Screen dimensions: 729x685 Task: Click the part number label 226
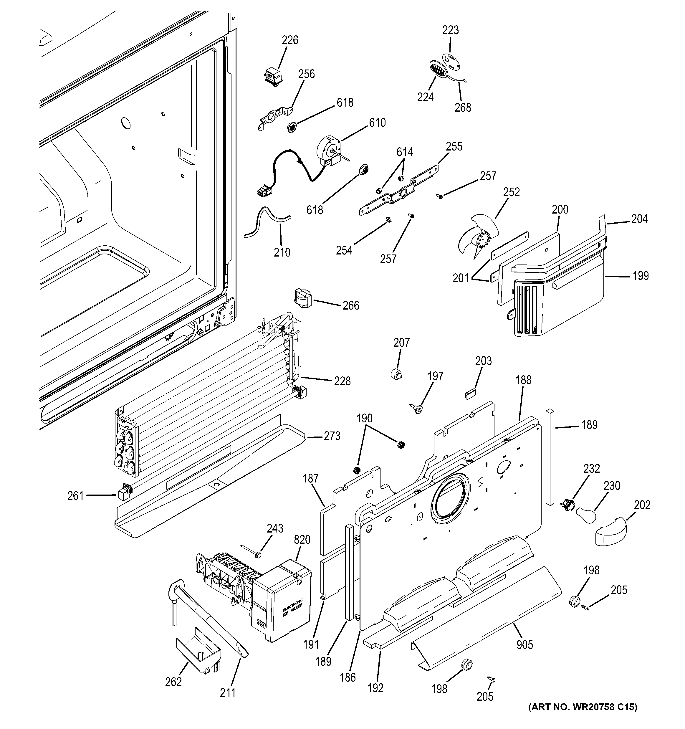point(290,40)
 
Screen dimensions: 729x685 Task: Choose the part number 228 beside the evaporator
point(342,381)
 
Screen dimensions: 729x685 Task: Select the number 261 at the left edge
point(76,496)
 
